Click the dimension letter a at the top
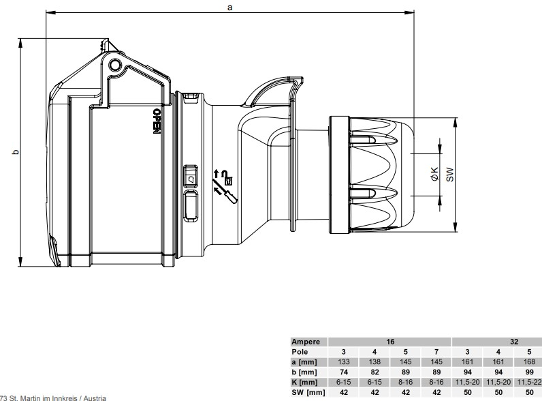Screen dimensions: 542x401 pyautogui.click(x=230, y=8)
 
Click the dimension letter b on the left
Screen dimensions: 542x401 pyautogui.click(x=16, y=151)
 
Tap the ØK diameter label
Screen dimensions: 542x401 pyautogui.click(x=434, y=173)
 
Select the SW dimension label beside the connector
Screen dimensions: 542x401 pyautogui.click(x=449, y=175)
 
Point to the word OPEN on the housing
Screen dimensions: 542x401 pyautogui.click(x=157, y=121)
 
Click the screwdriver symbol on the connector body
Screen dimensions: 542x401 pyautogui.click(x=225, y=190)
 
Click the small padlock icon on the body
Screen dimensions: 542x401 pyautogui.click(x=229, y=181)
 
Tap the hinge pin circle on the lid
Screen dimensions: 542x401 pyautogui.click(x=115, y=65)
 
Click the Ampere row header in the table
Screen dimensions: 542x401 pyautogui.click(x=306, y=342)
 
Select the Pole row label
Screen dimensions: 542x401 pyautogui.click(x=300, y=352)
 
